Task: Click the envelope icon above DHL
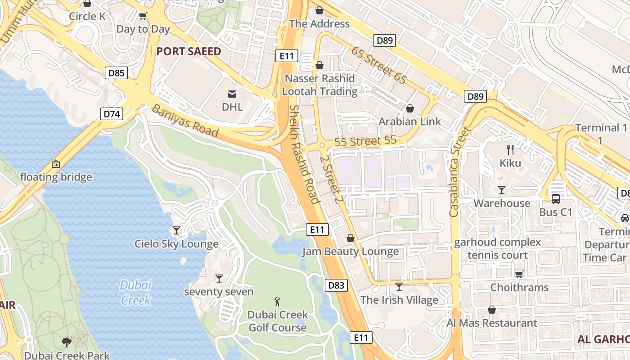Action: (x=232, y=94)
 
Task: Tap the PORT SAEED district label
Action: (x=189, y=51)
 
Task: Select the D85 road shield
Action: (x=117, y=73)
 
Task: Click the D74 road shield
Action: (x=112, y=113)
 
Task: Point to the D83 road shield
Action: (x=336, y=285)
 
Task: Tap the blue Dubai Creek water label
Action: (x=135, y=292)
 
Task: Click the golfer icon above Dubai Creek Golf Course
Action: (x=278, y=301)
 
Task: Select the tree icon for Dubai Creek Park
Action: (x=67, y=342)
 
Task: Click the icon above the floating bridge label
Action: (x=56, y=164)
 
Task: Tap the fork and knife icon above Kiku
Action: (x=510, y=149)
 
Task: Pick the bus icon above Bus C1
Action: (x=556, y=198)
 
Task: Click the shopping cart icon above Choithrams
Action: (x=519, y=274)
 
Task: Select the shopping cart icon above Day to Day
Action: (x=143, y=16)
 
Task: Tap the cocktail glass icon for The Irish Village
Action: (x=399, y=287)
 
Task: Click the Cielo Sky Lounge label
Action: (x=176, y=244)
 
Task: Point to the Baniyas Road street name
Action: (x=185, y=121)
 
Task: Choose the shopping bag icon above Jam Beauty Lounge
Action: (x=351, y=238)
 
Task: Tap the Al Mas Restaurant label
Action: (x=492, y=323)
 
